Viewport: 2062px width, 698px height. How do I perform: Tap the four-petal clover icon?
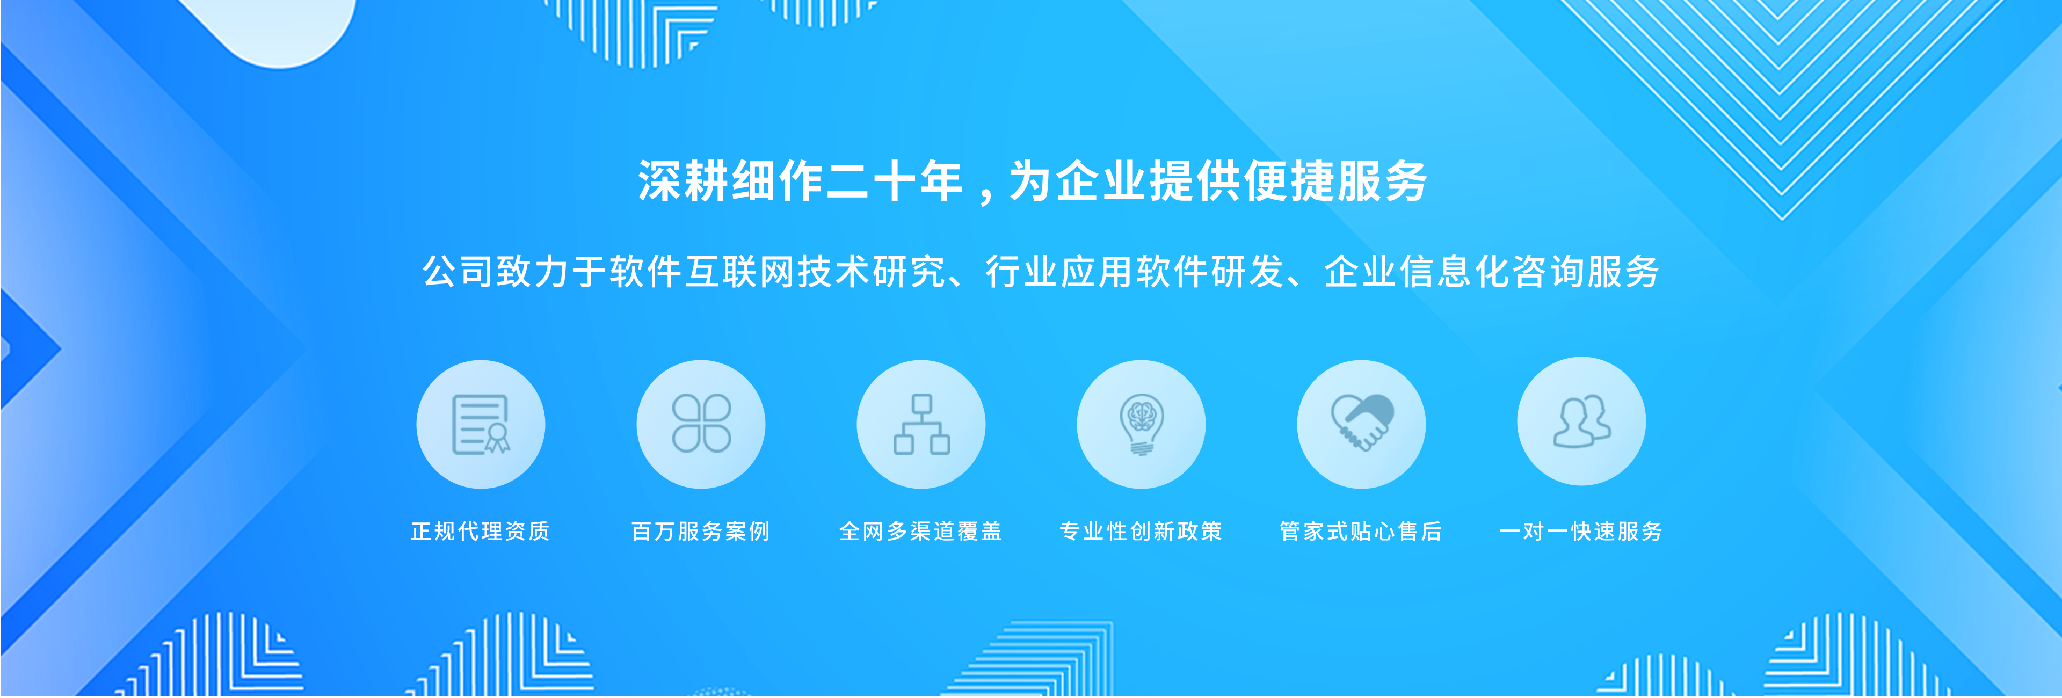(701, 424)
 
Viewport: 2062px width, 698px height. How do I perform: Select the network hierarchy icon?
(921, 424)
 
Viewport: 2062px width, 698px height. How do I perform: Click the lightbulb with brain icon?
(1142, 424)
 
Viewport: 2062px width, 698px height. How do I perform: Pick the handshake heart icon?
(1362, 423)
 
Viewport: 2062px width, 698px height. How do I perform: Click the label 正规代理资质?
(480, 532)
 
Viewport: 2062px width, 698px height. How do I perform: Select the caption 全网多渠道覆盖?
(920, 532)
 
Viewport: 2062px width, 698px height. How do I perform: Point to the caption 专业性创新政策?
(1141, 532)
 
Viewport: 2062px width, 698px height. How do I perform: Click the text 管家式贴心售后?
(1361, 532)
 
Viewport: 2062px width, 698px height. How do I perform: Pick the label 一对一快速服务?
(1581, 532)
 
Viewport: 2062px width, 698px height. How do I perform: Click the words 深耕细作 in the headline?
(731, 181)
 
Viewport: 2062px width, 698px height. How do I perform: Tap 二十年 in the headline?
(894, 181)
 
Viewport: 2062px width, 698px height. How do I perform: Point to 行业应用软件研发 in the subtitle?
(1134, 271)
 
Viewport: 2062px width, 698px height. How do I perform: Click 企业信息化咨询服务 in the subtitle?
(1492, 271)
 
